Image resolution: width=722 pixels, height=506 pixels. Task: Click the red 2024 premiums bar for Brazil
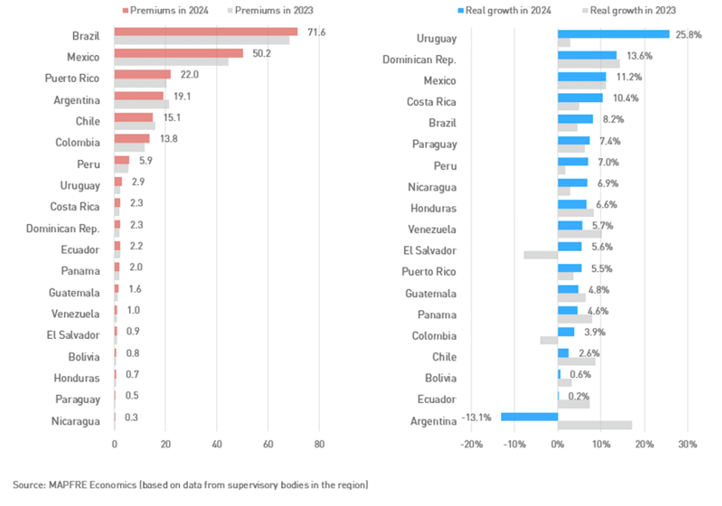pos(206,32)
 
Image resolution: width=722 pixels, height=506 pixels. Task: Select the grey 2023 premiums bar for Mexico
pos(171,62)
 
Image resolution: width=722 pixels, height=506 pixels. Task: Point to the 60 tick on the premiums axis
pos(268,445)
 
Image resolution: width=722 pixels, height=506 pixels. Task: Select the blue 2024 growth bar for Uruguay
pos(613,35)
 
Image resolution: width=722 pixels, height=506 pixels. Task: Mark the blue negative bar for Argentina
pos(529,417)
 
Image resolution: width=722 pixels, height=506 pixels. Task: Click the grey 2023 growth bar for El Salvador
pos(540,255)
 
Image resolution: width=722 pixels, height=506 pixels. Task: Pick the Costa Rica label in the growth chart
pos(431,102)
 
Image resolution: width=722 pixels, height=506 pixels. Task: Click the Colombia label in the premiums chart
pos(77,142)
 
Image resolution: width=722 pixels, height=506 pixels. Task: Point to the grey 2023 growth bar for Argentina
pos(595,425)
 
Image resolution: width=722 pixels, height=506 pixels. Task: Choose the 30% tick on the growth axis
pos(687,445)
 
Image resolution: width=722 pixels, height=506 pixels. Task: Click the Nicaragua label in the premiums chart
pos(75,421)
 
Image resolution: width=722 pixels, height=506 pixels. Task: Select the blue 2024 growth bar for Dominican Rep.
pos(587,55)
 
